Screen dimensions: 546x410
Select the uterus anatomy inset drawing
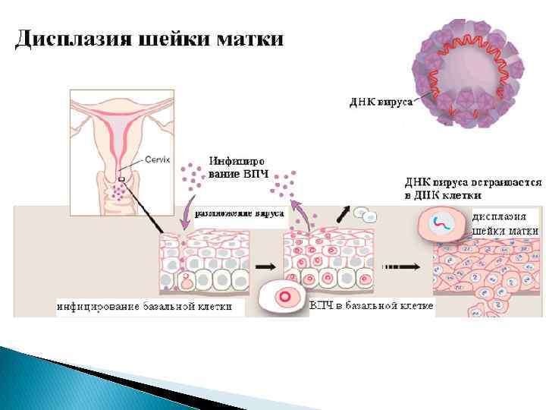(118, 152)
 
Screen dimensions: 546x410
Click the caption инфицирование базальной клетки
(151, 307)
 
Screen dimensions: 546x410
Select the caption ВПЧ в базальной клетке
(372, 305)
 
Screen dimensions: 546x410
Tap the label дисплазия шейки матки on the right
(505, 223)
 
